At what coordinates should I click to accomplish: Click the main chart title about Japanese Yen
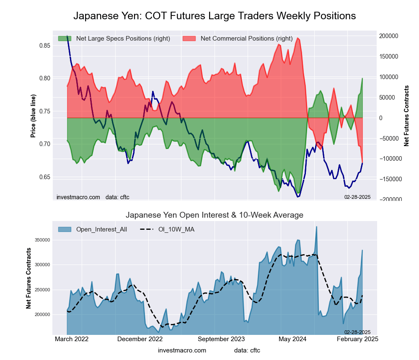tap(215, 16)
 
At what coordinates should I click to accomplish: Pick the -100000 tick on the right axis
tap(392, 159)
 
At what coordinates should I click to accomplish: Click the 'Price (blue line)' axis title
tap(33, 116)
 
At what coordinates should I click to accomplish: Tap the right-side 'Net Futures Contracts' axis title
tap(406, 116)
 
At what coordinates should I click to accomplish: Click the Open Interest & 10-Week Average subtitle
tap(215, 215)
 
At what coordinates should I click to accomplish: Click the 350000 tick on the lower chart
tap(42, 240)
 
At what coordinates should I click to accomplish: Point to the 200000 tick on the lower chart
tap(42, 314)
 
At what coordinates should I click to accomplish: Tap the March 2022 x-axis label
tap(72, 339)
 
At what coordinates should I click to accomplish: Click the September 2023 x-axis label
tap(221, 339)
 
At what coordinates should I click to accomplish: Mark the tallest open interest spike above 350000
tap(316, 227)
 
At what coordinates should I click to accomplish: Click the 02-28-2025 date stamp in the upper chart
tap(357, 197)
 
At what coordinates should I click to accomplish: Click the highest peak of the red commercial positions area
tap(297, 38)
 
